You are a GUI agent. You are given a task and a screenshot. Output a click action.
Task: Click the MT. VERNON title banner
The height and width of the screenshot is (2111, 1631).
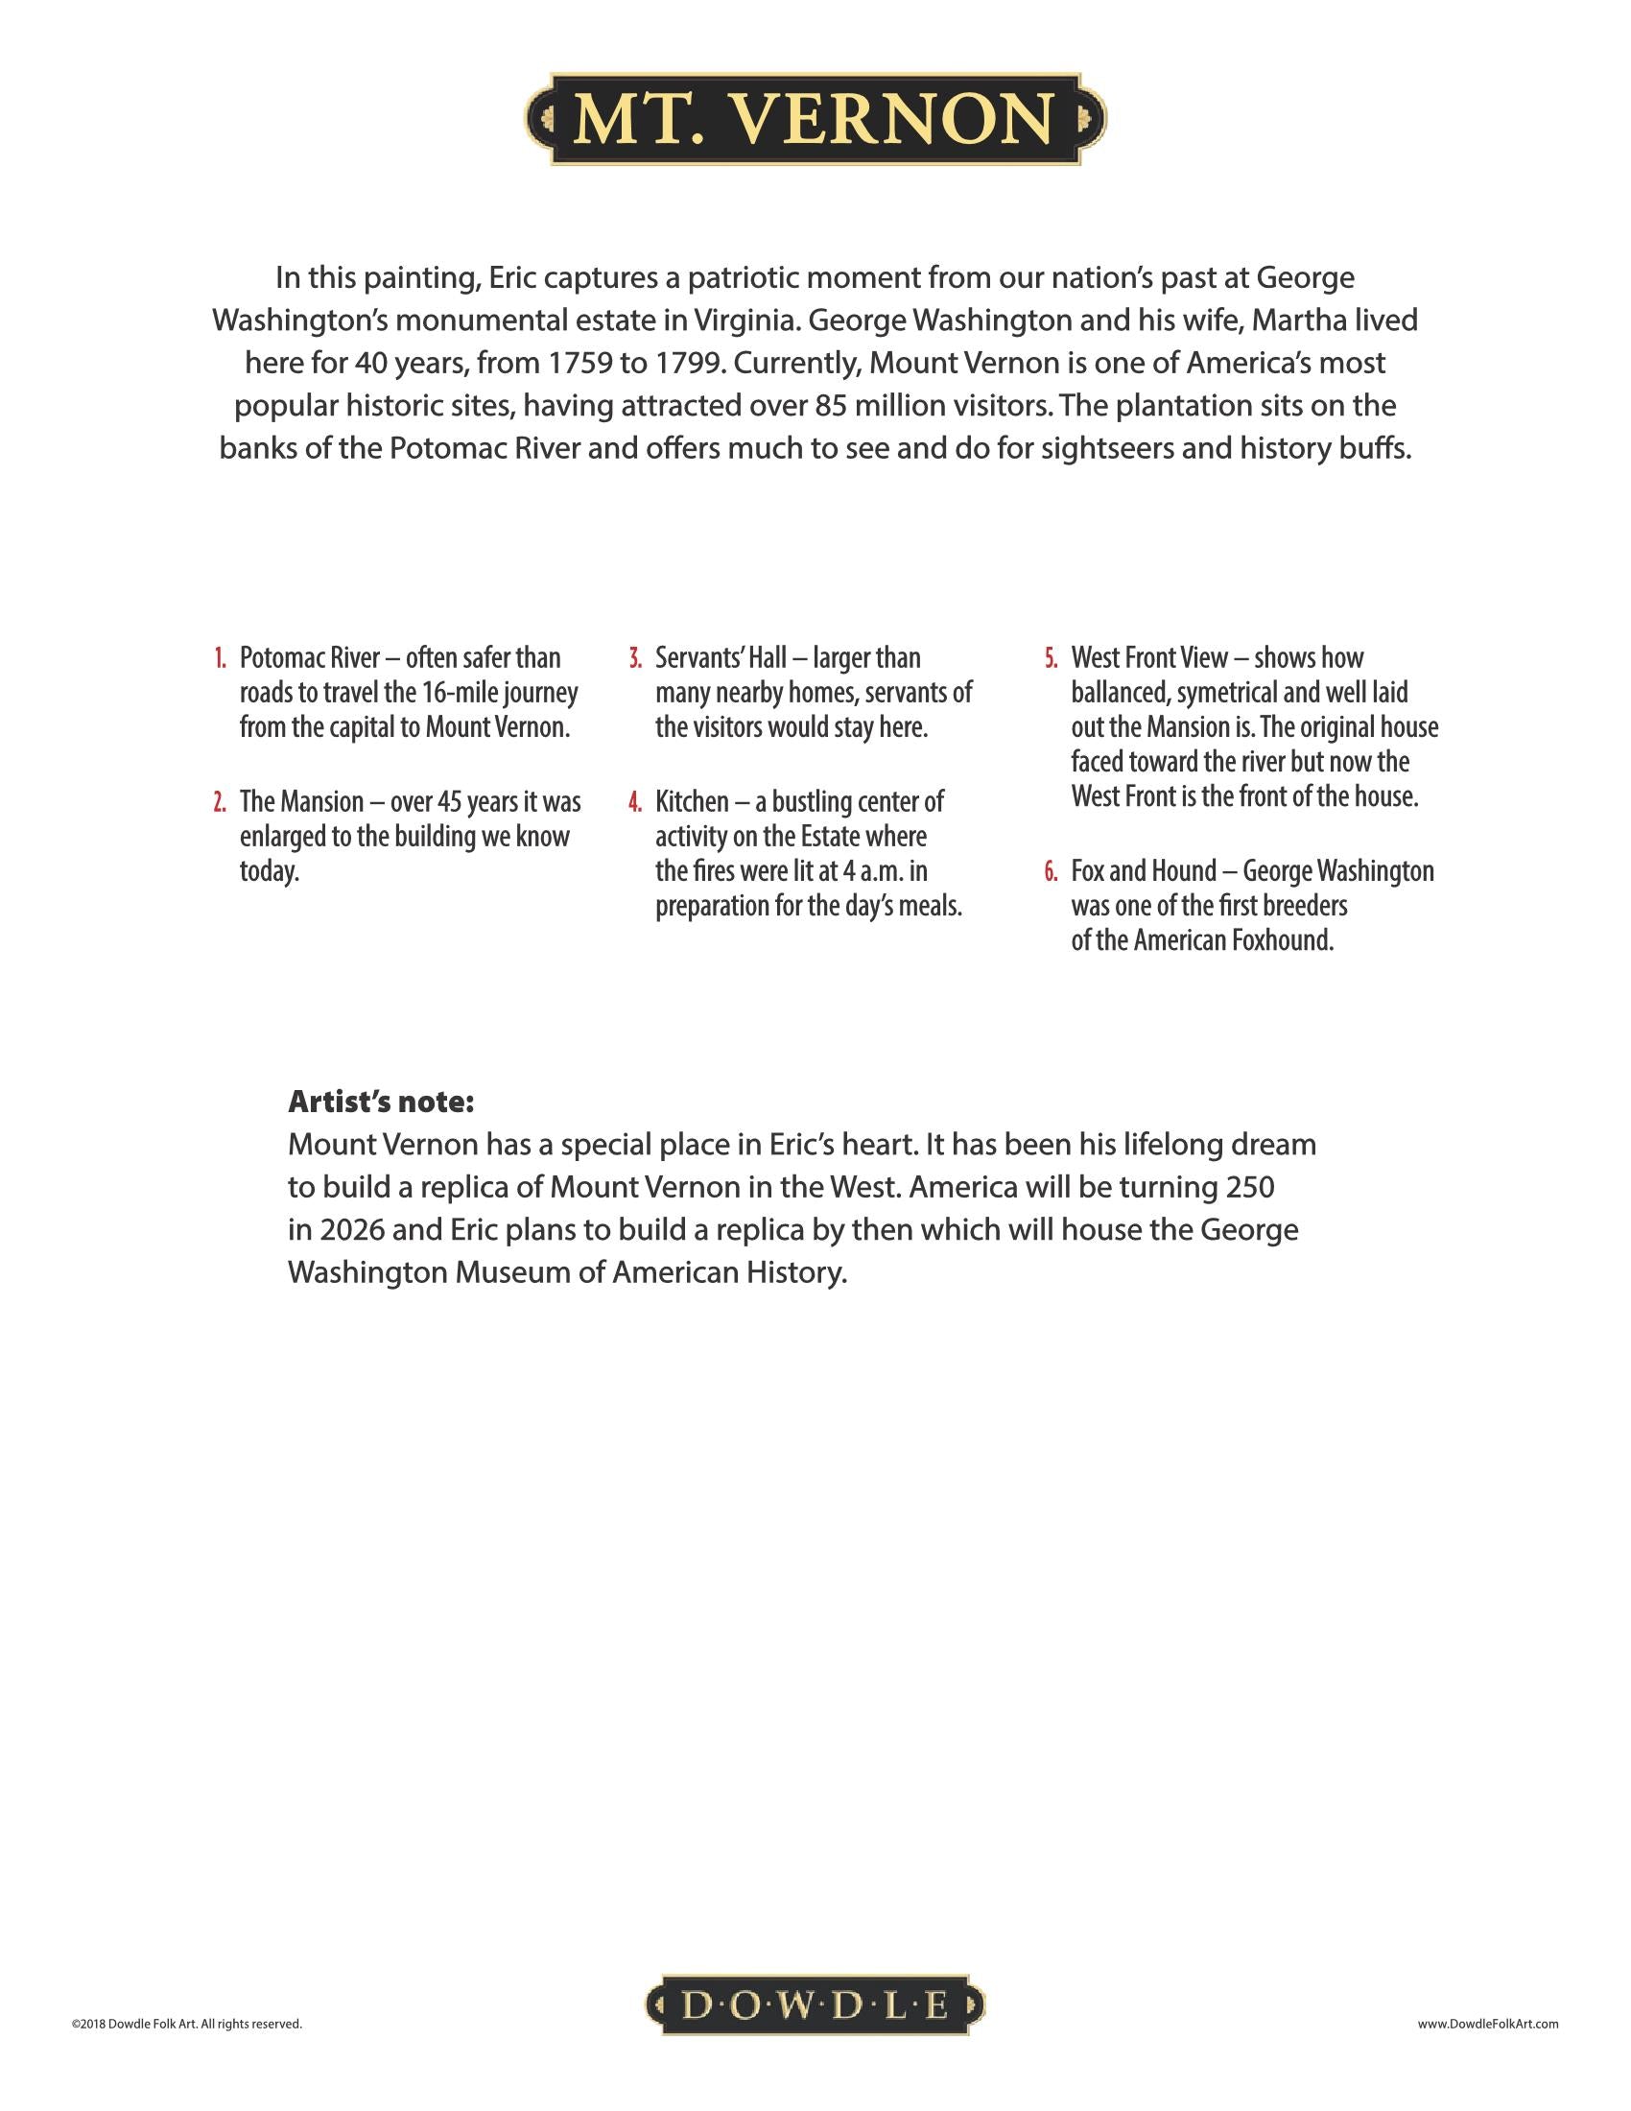coord(815,118)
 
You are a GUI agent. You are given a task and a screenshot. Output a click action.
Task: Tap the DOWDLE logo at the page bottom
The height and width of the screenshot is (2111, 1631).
coord(815,2006)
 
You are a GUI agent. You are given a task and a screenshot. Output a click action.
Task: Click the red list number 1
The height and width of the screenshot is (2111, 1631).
coord(221,659)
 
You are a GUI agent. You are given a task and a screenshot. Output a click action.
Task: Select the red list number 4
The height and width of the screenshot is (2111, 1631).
coord(635,803)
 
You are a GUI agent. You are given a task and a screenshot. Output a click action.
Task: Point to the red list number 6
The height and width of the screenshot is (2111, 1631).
coord(1051,873)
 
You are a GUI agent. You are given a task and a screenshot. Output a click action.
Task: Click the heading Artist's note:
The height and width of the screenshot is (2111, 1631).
coord(381,1102)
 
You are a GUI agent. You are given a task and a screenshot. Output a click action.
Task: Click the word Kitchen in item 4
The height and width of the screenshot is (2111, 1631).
coord(692,802)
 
